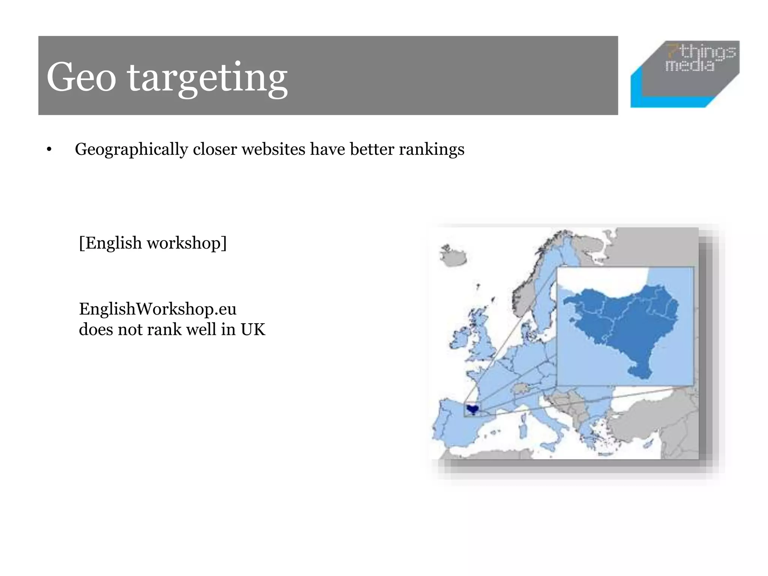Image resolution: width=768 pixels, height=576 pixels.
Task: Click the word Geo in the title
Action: (81, 77)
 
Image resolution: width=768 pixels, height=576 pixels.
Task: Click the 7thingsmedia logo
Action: (685, 74)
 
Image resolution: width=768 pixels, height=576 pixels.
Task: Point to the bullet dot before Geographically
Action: (49, 150)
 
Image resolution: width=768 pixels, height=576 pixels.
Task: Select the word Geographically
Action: (131, 149)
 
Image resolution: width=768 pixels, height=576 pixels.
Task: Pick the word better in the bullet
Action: (372, 149)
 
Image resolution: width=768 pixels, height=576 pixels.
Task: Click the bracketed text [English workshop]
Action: (153, 243)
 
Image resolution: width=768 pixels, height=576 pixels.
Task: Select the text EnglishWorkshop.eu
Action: (157, 309)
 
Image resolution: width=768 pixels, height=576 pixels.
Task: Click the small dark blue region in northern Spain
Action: (472, 409)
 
